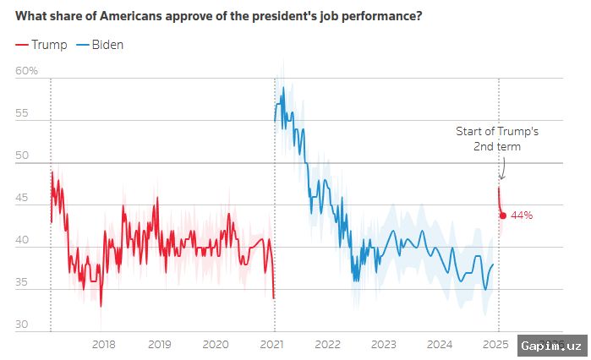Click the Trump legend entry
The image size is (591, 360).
(41, 44)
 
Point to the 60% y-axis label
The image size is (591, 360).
(27, 71)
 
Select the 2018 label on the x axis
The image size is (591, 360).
(103, 344)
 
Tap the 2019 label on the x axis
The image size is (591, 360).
(159, 344)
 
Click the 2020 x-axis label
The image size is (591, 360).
(216, 344)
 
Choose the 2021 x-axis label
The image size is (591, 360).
(271, 344)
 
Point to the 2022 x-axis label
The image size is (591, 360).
(327, 344)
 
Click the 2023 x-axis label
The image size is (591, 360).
(383, 344)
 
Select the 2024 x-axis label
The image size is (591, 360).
(440, 344)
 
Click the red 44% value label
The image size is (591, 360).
(522, 215)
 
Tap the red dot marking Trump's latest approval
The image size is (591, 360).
(503, 215)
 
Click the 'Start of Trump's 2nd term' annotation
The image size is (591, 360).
(496, 139)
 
